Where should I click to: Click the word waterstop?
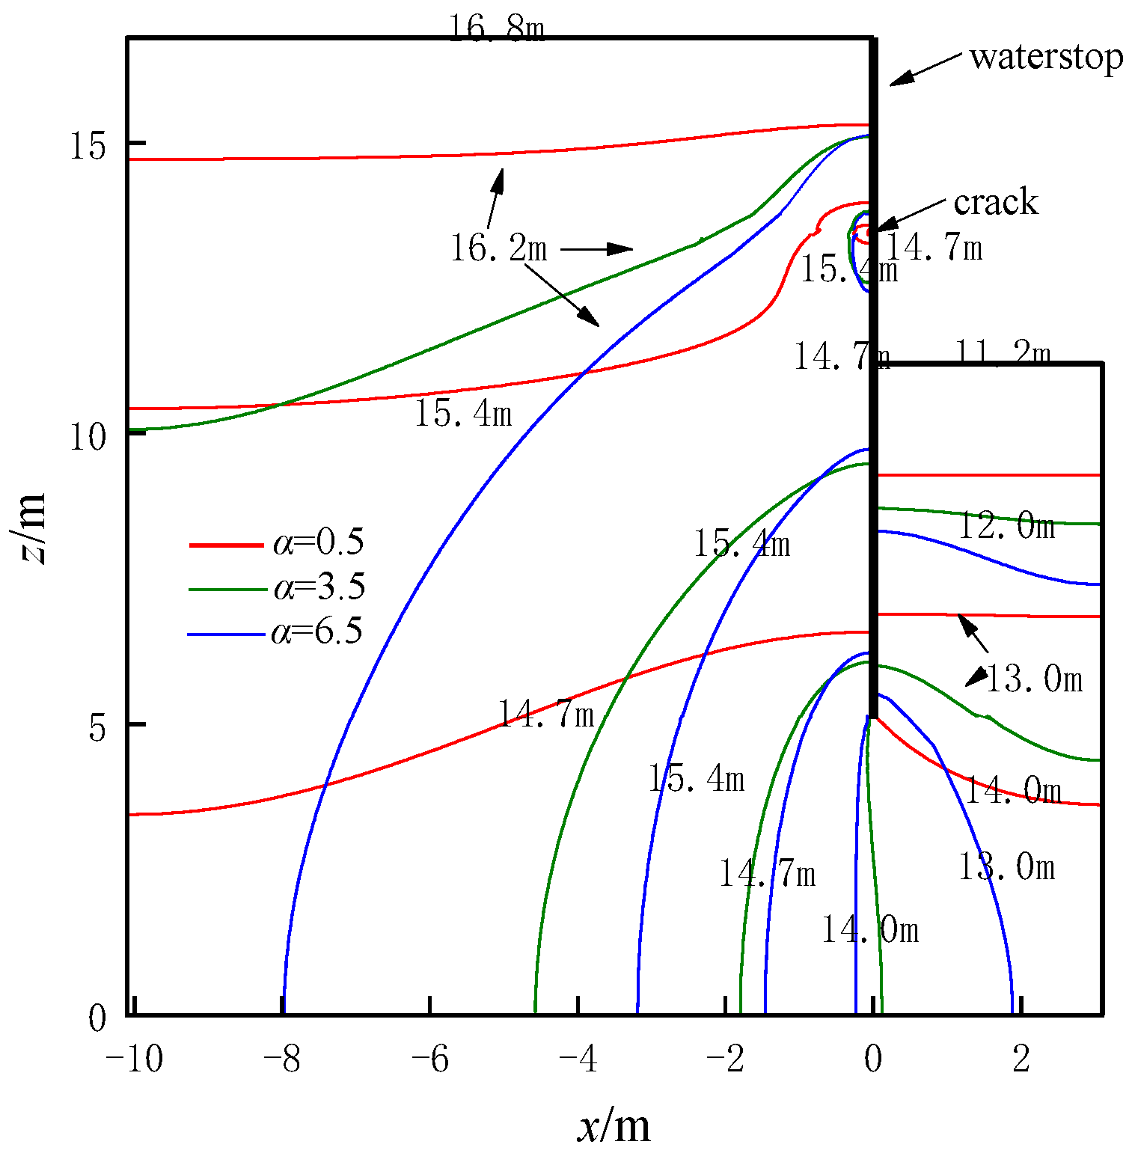click(x=1046, y=57)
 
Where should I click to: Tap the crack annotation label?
click(x=996, y=202)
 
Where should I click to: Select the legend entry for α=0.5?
click(x=319, y=542)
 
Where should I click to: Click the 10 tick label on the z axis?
click(x=88, y=436)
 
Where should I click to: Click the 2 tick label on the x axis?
click(x=1021, y=1059)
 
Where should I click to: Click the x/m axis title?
click(x=614, y=1127)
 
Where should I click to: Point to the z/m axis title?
click(x=28, y=528)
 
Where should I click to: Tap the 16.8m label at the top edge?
click(x=496, y=29)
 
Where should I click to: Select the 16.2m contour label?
click(x=499, y=248)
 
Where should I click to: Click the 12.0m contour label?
click(x=1006, y=526)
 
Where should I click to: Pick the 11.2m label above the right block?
click(x=1003, y=353)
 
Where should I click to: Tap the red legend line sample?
click(x=226, y=545)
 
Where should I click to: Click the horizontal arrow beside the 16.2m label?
click(x=596, y=248)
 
